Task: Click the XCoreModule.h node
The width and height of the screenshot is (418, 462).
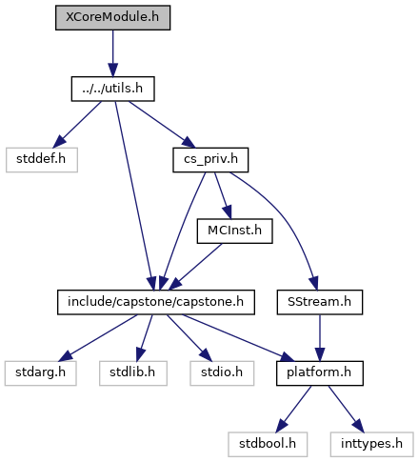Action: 112,18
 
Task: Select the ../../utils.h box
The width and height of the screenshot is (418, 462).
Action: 112,89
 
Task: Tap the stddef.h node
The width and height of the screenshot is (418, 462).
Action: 42,160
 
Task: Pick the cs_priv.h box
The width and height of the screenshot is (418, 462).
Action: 210,160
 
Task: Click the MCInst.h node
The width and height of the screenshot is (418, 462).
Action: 234,231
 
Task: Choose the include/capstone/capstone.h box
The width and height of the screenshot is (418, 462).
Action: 156,302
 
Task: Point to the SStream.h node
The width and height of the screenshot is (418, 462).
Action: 320,302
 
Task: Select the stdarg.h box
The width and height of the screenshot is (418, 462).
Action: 41,373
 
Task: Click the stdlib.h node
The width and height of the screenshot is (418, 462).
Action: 133,373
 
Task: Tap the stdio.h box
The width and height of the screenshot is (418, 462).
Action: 222,373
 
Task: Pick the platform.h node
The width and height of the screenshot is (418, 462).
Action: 320,373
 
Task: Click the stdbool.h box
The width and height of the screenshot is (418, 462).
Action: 268,445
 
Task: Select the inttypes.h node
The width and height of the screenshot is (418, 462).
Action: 371,445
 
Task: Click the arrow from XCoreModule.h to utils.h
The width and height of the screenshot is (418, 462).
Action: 112,53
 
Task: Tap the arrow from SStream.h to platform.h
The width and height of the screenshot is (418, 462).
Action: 320,338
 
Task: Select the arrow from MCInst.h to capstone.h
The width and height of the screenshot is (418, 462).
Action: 195,267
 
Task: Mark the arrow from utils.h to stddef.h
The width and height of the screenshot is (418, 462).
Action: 77,125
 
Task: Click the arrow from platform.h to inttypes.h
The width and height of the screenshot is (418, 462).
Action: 347,409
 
